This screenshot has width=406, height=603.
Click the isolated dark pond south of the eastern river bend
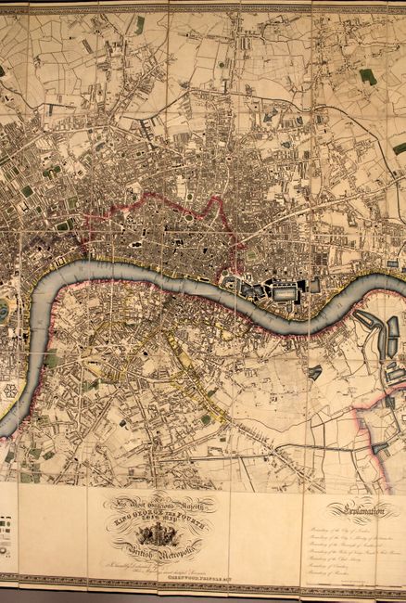316,372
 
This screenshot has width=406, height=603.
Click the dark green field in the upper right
368,76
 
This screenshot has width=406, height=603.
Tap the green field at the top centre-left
140,25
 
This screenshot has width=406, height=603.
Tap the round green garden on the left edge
5,311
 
